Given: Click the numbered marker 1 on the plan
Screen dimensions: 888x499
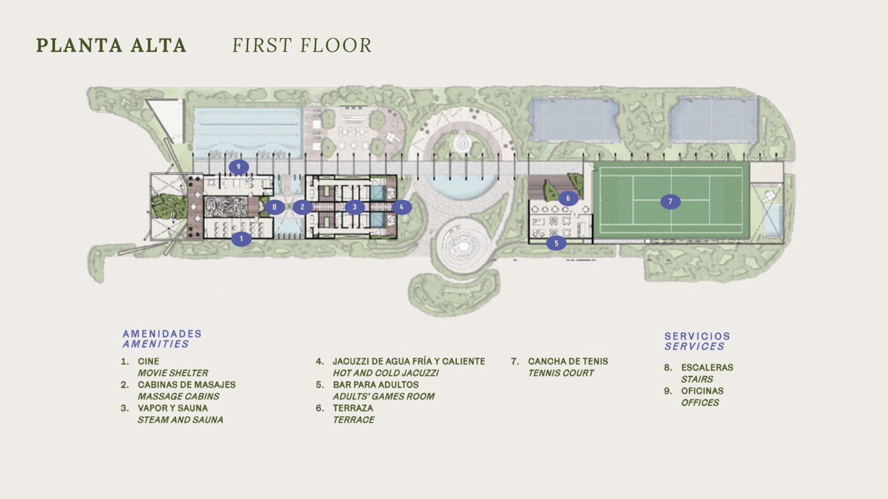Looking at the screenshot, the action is tap(242, 239).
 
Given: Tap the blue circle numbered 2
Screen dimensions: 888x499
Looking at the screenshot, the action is tap(303, 207).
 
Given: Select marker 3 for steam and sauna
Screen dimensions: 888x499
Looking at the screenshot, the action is tap(355, 207).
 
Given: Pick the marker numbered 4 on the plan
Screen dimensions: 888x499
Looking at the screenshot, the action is tap(401, 207).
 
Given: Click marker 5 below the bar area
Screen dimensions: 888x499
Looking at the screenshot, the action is tap(556, 243).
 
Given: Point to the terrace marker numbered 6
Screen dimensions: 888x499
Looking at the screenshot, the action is tap(568, 198).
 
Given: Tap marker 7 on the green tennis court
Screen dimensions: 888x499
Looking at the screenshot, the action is tap(670, 202).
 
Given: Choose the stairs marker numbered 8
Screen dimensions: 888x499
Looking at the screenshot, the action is tap(274, 207).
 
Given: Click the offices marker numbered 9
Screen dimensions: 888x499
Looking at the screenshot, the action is tap(239, 168).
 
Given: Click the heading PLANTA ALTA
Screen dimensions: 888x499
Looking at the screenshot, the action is tap(111, 45).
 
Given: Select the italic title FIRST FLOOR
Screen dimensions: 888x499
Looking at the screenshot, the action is tap(302, 45).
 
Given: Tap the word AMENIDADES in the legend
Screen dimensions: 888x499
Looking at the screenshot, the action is tap(162, 334).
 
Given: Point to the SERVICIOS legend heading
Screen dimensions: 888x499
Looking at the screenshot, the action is tap(697, 336).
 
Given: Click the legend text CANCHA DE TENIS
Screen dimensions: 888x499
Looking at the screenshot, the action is tap(568, 362).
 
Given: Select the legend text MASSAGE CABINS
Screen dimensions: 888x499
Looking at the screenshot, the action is tap(178, 397).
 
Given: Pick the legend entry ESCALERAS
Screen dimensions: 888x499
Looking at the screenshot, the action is tap(707, 368).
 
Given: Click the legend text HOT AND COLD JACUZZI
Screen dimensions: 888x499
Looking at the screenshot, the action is tap(386, 373).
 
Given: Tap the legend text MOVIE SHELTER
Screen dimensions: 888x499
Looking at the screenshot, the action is tap(173, 373).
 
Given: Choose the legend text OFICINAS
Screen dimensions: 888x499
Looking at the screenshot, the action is tap(702, 391).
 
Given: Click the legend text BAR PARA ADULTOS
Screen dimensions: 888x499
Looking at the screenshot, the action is tap(376, 385).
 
